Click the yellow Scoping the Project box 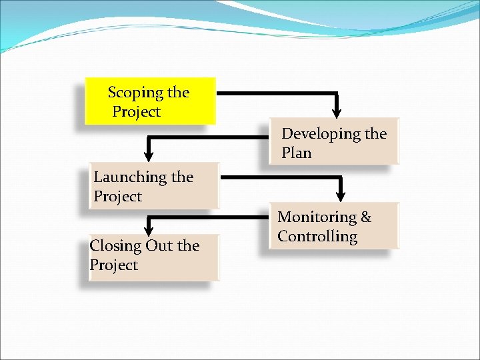[151, 101]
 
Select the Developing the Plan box [334, 142]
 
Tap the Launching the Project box [153, 187]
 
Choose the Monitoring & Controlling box [334, 227]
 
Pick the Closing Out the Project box [153, 257]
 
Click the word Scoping [135, 93]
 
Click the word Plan [296, 153]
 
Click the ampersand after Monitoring [365, 217]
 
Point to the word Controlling [317, 237]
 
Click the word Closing [115, 246]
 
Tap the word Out [159, 246]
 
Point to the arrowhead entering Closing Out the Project [149, 231]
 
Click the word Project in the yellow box [136, 112]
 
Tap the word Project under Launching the [117, 197]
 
